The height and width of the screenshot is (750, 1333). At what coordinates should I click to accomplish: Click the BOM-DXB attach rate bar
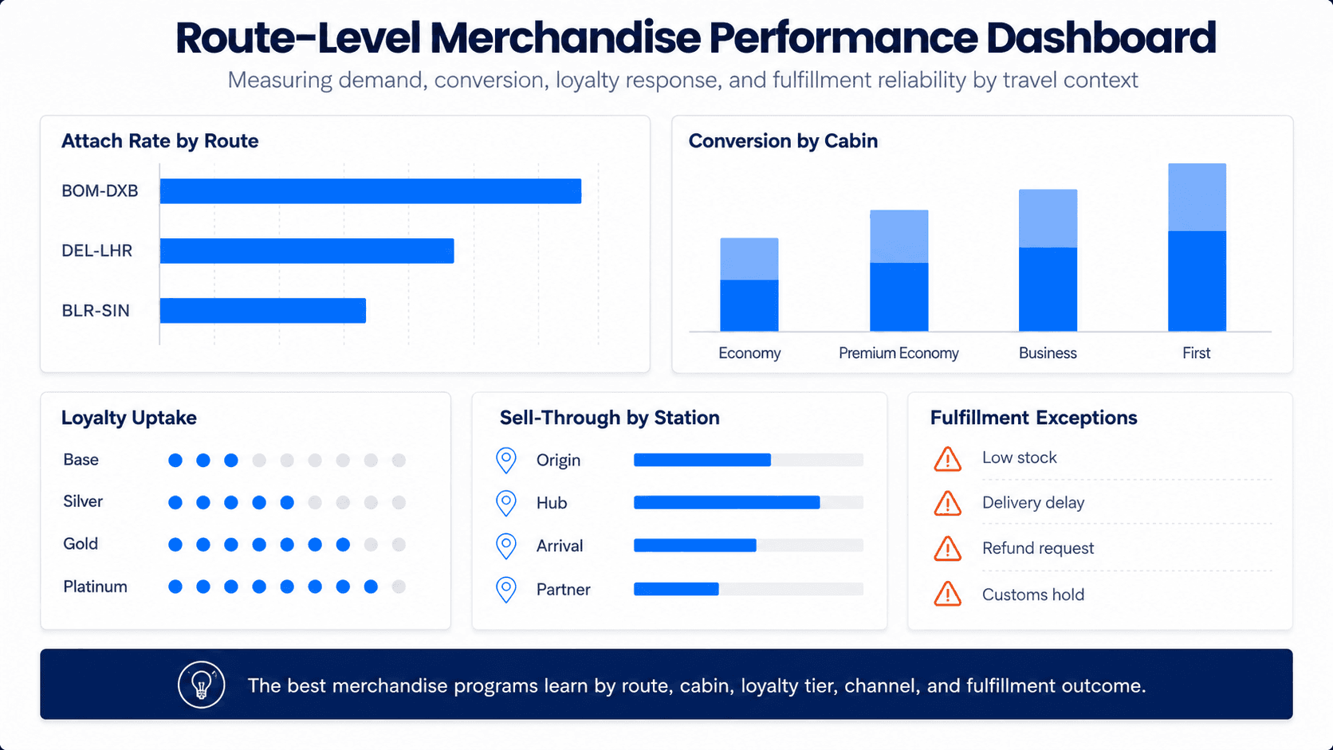click(x=370, y=191)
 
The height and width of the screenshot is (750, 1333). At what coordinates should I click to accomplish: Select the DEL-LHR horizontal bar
click(x=306, y=250)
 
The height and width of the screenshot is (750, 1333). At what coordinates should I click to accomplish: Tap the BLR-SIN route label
click(x=96, y=311)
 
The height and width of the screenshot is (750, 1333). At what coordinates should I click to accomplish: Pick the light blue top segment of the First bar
click(x=1197, y=197)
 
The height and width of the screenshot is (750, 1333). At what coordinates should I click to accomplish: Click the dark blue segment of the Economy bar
click(x=749, y=305)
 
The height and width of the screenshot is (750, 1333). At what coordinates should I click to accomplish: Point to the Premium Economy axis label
click(x=898, y=353)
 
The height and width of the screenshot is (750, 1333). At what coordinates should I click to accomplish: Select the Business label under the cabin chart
click(x=1048, y=353)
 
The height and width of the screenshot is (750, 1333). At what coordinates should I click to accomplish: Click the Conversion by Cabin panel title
click(x=783, y=141)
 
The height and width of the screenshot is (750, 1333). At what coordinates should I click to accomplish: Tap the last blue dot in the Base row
click(x=231, y=461)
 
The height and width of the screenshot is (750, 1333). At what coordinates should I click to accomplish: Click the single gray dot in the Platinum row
click(x=399, y=587)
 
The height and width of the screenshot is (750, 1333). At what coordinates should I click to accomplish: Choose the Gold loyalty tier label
click(x=81, y=544)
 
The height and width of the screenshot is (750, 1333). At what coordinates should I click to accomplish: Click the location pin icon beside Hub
click(x=505, y=503)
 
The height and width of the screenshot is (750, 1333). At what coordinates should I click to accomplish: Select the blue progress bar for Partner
click(x=676, y=589)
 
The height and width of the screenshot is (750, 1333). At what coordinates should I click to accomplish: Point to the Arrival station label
click(x=560, y=546)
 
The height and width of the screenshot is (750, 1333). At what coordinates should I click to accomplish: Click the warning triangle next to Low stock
click(x=947, y=459)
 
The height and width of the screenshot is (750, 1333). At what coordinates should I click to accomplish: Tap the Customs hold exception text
click(x=1033, y=595)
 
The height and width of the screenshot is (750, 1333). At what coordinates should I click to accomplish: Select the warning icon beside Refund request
click(x=947, y=548)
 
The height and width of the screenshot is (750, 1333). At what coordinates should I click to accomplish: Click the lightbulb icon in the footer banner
click(x=201, y=685)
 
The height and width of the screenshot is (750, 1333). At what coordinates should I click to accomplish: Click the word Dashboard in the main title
click(x=1101, y=38)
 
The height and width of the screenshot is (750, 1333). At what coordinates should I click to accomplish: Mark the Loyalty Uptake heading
click(x=128, y=418)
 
